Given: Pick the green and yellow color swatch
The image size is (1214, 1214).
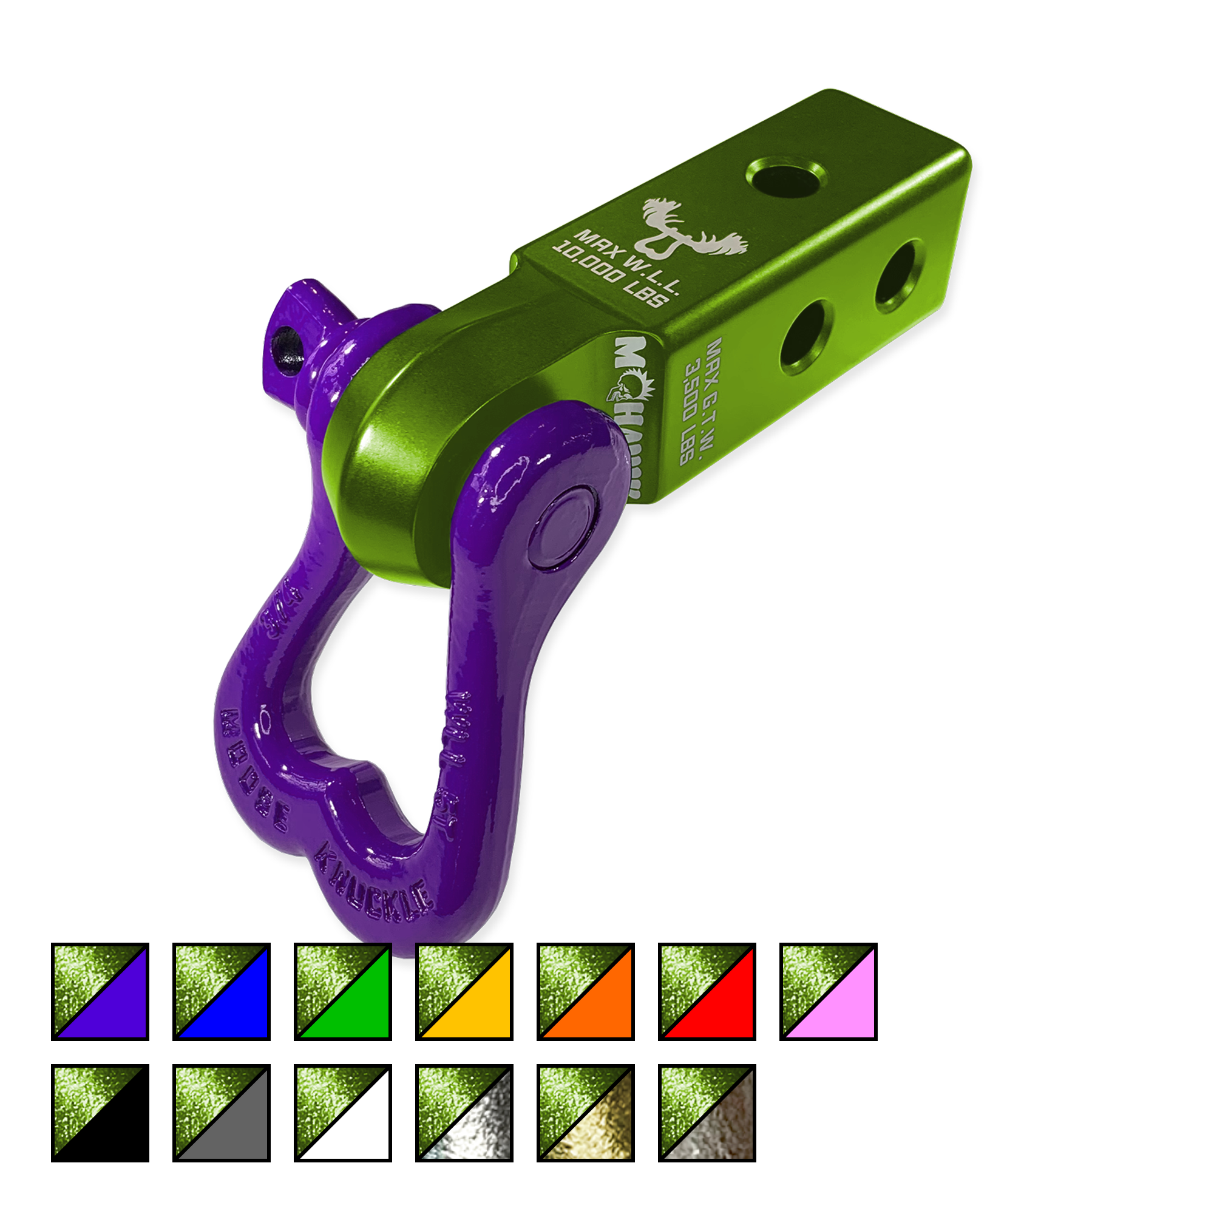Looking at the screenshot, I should (464, 993).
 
